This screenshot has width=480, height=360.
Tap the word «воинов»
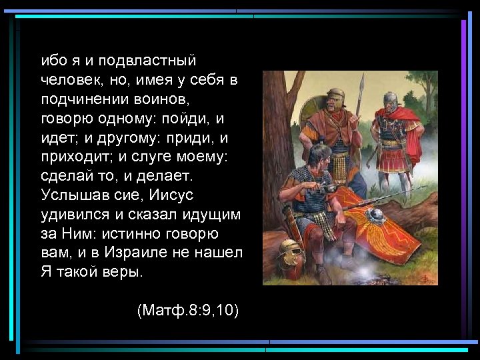169,100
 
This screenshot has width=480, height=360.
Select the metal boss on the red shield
375,216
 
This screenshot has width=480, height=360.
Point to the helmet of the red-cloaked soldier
390,101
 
